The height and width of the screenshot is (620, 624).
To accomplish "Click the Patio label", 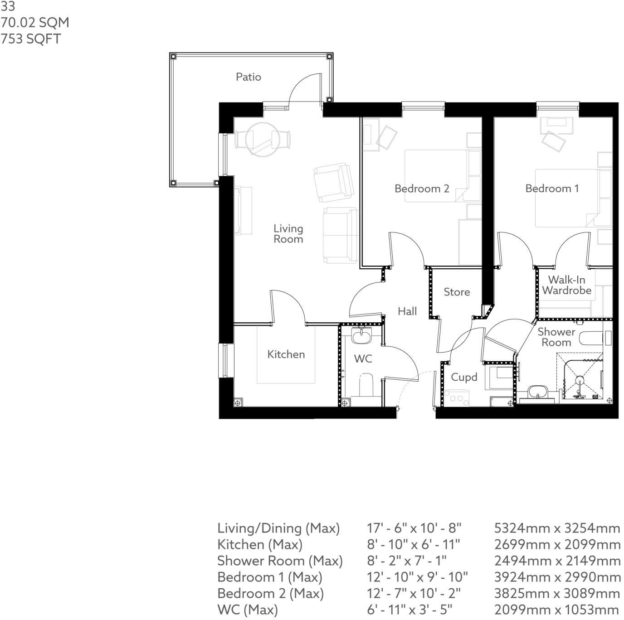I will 248,77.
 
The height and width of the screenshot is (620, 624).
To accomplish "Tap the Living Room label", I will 288,234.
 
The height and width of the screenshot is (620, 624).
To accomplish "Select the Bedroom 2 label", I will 421,189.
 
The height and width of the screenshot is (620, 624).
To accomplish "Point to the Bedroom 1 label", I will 552,189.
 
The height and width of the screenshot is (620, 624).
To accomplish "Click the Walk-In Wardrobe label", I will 566,285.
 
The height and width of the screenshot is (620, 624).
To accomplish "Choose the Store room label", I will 456,292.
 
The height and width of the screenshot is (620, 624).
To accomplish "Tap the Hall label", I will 407,311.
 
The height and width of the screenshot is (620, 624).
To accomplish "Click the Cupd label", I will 464,377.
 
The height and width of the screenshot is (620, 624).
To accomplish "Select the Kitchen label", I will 286,354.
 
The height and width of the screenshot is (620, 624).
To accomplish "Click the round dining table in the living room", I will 262,139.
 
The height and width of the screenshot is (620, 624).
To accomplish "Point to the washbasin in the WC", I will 362,336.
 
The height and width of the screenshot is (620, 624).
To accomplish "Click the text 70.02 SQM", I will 35,23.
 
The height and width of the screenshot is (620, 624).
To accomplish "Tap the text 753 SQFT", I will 30,39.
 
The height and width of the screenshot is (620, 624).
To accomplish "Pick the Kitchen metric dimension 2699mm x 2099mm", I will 557,544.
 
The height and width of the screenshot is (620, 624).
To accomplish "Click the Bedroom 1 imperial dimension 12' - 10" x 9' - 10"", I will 417,577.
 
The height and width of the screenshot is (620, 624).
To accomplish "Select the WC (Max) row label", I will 247,610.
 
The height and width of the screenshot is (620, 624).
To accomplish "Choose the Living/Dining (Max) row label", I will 278,528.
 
